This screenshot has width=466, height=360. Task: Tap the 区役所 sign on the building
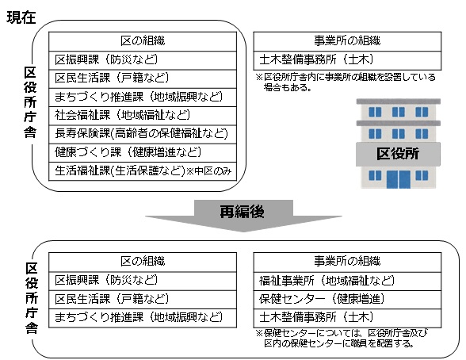click(408, 151)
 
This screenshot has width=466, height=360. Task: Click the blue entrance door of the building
click(404, 179)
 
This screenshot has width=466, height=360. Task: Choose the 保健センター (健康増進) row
click(322, 299)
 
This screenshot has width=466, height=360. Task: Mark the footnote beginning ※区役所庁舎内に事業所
click(345, 82)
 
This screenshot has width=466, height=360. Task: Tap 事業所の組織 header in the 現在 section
click(347, 40)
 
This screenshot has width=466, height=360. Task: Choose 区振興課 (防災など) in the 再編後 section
click(106, 280)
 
